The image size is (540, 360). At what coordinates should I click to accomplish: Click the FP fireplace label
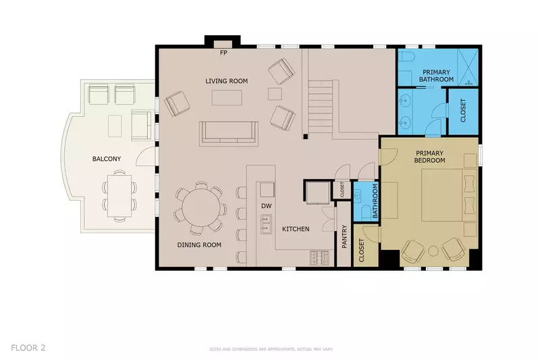223,51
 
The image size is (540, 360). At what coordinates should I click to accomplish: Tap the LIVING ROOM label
226,81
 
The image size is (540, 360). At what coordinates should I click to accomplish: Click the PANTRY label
344,237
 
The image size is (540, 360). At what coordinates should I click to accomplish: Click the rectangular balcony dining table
119,195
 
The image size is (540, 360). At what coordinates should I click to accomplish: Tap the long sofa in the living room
229,132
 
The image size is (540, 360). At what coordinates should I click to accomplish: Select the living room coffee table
227,98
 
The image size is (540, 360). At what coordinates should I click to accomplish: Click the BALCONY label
107,159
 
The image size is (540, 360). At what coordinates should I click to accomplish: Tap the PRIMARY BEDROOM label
430,157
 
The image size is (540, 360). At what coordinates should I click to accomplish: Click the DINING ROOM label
199,245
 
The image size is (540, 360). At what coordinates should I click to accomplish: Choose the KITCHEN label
296,229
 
